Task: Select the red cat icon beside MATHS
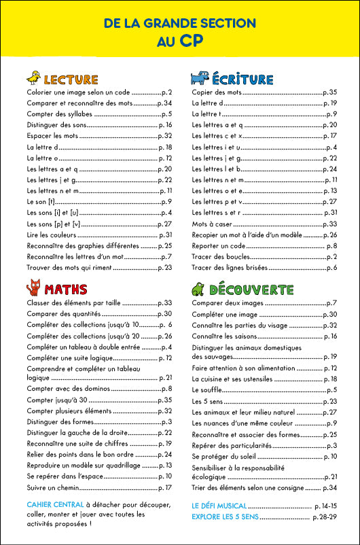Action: coord(34,287)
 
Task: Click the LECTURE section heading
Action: coord(71,80)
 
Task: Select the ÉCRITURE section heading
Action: coord(242,79)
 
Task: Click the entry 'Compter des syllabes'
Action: coord(60,114)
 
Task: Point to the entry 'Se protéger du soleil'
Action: coord(225,455)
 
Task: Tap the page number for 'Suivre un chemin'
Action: coord(164,488)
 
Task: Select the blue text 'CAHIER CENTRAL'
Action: coord(55,505)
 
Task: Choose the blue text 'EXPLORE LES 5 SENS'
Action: coord(226,517)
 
